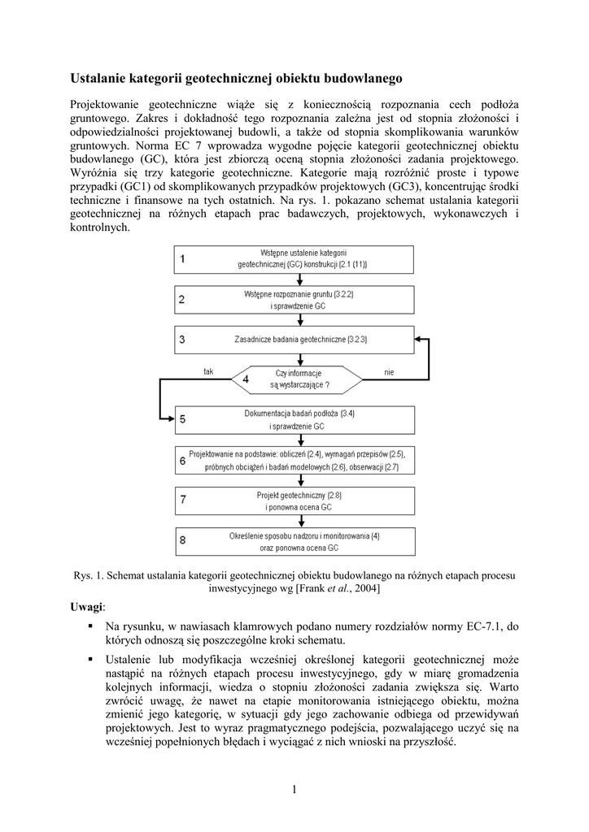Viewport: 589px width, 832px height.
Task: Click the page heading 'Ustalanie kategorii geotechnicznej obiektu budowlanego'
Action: click(236, 79)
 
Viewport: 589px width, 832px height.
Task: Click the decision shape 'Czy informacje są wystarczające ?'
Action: click(297, 379)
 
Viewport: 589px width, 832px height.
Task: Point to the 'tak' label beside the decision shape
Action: click(209, 371)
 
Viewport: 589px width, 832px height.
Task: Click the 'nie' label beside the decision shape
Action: click(389, 371)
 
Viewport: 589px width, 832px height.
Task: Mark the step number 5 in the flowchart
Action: click(182, 419)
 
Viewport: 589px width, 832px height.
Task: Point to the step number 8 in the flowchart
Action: click(182, 541)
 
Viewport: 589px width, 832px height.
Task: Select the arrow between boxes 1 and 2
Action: click(298, 279)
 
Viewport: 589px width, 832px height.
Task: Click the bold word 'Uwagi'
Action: click(86, 607)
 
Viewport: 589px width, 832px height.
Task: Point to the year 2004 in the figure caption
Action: click(367, 587)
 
